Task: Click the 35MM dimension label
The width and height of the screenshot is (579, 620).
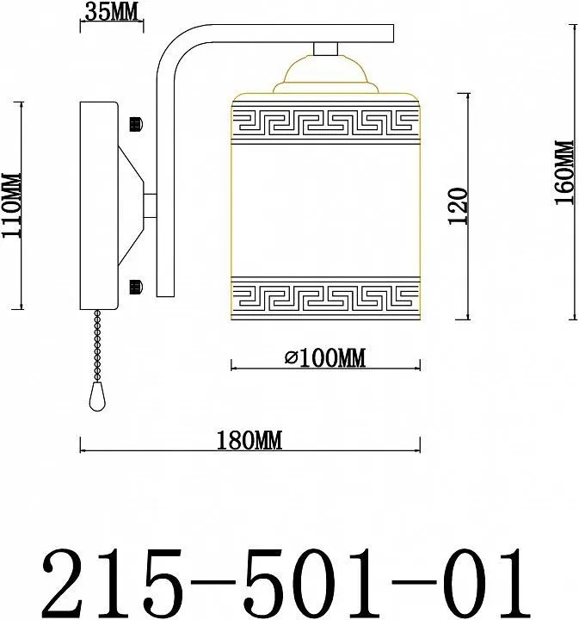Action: pyautogui.click(x=112, y=12)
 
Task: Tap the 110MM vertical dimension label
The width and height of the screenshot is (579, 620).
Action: pyautogui.click(x=12, y=205)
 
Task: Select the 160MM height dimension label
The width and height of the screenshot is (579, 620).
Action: pyautogui.click(x=564, y=172)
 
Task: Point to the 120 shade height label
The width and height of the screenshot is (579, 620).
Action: pyautogui.click(x=459, y=206)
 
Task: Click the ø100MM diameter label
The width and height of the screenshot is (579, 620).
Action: pyautogui.click(x=325, y=358)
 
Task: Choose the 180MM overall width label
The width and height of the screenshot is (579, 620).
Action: pyautogui.click(x=250, y=441)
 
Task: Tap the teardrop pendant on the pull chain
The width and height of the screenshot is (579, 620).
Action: pyautogui.click(x=97, y=396)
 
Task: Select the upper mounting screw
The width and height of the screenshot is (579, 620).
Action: pyautogui.click(x=136, y=124)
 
